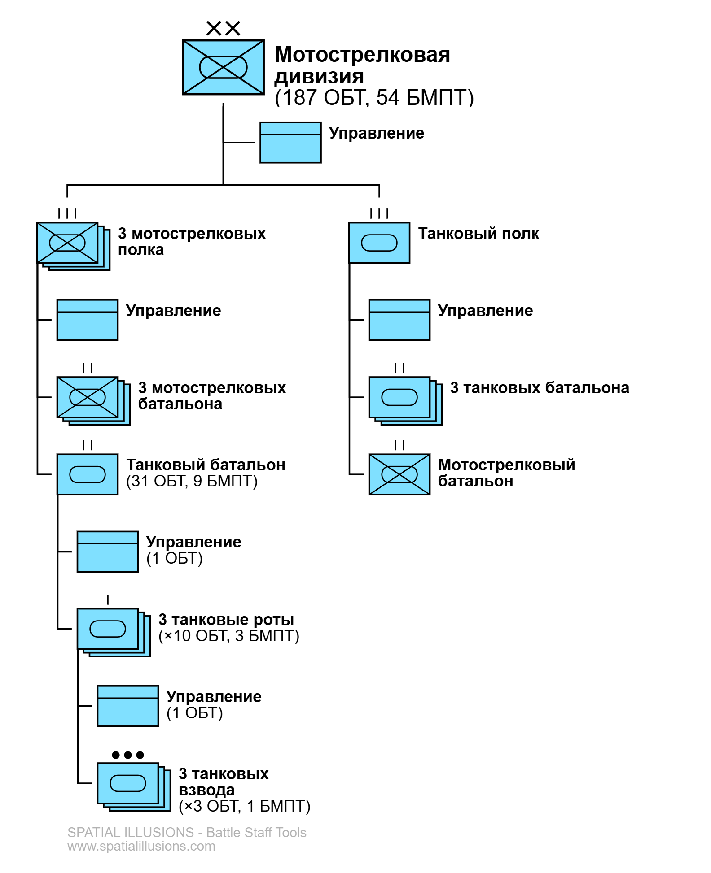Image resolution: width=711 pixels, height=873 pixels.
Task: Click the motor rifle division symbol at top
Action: click(x=223, y=67)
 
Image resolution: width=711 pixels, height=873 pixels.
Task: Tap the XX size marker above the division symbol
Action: click(x=223, y=28)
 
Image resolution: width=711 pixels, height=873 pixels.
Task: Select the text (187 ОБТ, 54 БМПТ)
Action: click(x=374, y=98)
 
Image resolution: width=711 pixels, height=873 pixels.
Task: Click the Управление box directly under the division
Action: click(x=290, y=142)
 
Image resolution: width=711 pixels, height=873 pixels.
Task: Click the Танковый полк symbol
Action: click(x=379, y=243)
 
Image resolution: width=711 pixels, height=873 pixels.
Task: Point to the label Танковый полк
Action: click(x=478, y=234)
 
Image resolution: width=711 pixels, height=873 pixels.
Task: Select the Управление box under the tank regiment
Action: click(x=399, y=320)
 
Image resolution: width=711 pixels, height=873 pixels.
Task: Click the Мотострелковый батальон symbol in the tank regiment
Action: click(x=399, y=474)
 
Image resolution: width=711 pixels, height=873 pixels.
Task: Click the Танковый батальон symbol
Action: click(x=88, y=474)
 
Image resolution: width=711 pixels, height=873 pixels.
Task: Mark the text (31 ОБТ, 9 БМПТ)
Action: click(x=192, y=482)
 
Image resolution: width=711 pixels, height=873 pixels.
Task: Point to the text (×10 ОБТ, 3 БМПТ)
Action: click(x=229, y=636)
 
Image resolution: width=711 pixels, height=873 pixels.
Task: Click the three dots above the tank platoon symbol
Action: click(x=128, y=755)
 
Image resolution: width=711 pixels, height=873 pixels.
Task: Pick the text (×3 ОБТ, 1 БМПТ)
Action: click(x=245, y=806)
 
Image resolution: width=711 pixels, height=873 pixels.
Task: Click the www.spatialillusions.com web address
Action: click(x=141, y=846)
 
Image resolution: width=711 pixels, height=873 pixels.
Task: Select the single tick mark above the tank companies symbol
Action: click(x=108, y=599)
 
